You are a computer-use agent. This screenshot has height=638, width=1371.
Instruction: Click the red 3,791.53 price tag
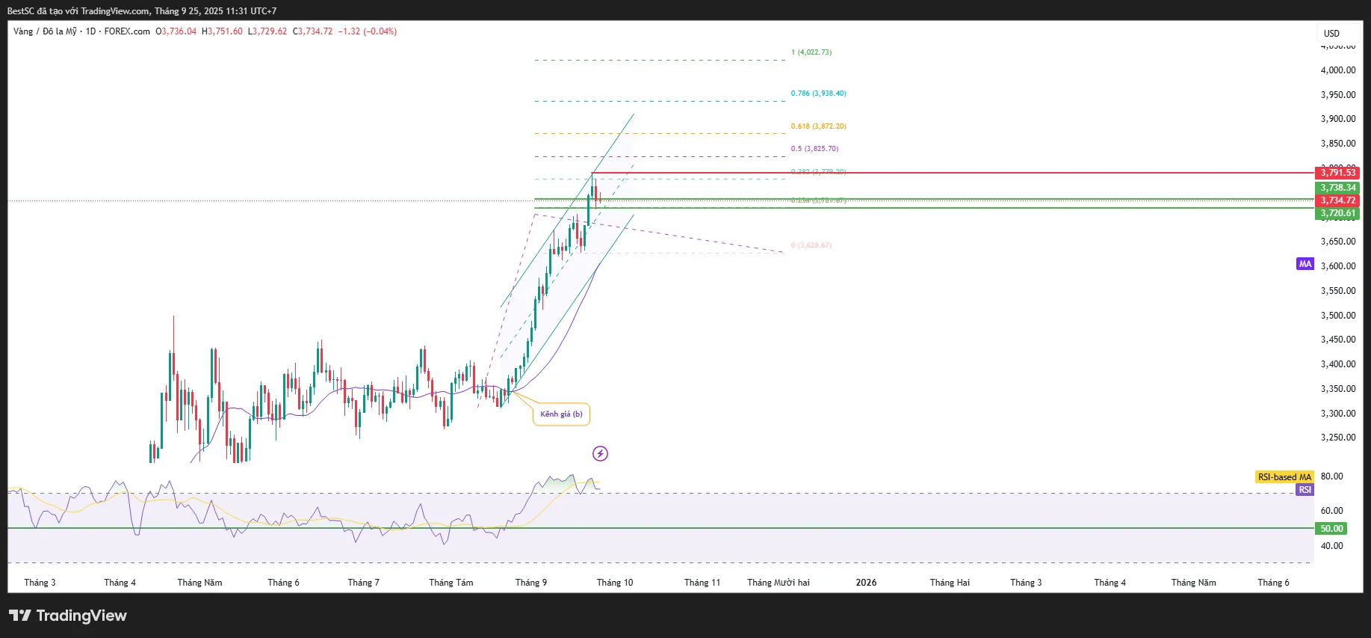1337,173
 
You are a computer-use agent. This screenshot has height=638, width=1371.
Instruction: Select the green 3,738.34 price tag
1337,188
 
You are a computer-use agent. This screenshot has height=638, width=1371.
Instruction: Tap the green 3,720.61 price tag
1337,213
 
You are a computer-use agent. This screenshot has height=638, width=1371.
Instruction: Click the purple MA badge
1305,264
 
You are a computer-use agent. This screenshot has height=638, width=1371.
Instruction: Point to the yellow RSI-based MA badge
1284,477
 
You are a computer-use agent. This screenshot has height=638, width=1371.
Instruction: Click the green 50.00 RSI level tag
1331,529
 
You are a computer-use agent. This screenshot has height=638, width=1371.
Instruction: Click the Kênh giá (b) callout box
561,414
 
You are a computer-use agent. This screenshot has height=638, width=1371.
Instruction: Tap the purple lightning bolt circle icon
600,453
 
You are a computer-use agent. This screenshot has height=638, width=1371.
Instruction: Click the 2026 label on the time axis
866,583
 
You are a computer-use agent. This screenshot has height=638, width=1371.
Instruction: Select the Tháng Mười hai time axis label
778,583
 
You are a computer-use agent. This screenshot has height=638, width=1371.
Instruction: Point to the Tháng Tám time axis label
451,583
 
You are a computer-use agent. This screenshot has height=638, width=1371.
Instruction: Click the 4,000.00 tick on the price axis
1337,70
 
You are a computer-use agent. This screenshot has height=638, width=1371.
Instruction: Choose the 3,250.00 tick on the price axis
1337,438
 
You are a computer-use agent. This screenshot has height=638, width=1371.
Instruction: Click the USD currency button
1331,34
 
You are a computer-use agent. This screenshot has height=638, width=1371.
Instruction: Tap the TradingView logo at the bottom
68,616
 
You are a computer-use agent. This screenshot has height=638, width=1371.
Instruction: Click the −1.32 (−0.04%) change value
367,31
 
